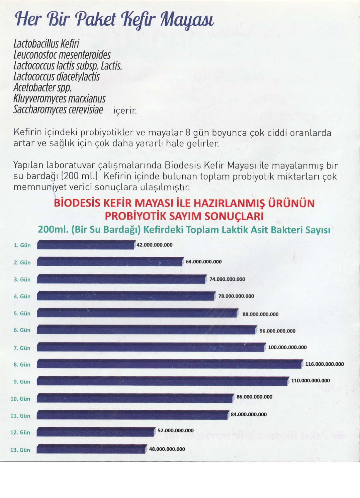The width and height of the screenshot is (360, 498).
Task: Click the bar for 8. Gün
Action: (169, 364)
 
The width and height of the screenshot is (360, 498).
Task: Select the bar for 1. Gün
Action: (86, 245)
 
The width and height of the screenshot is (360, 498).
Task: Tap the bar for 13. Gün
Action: (92, 449)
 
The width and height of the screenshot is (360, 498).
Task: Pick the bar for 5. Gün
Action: (137, 313)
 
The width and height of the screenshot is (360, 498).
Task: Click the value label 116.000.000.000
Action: (325, 364)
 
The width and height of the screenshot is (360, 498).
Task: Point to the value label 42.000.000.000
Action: (155, 245)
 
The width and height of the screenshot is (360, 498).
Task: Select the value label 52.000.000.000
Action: (176, 430)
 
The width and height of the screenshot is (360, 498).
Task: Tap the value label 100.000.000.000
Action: (287, 347)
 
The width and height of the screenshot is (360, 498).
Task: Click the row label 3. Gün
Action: (22, 279)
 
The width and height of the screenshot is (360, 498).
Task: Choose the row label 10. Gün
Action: (21, 399)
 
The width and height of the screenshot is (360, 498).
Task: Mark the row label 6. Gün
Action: (22, 330)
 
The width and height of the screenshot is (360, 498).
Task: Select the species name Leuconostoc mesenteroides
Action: (62, 55)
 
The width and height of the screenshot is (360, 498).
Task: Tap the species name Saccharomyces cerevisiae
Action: (58, 110)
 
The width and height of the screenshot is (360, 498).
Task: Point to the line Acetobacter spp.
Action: (43, 88)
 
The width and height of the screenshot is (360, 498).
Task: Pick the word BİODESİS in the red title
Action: (77, 203)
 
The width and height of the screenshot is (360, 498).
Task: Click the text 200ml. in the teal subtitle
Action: (53, 230)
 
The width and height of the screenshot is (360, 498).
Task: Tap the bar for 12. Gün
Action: (96, 432)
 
